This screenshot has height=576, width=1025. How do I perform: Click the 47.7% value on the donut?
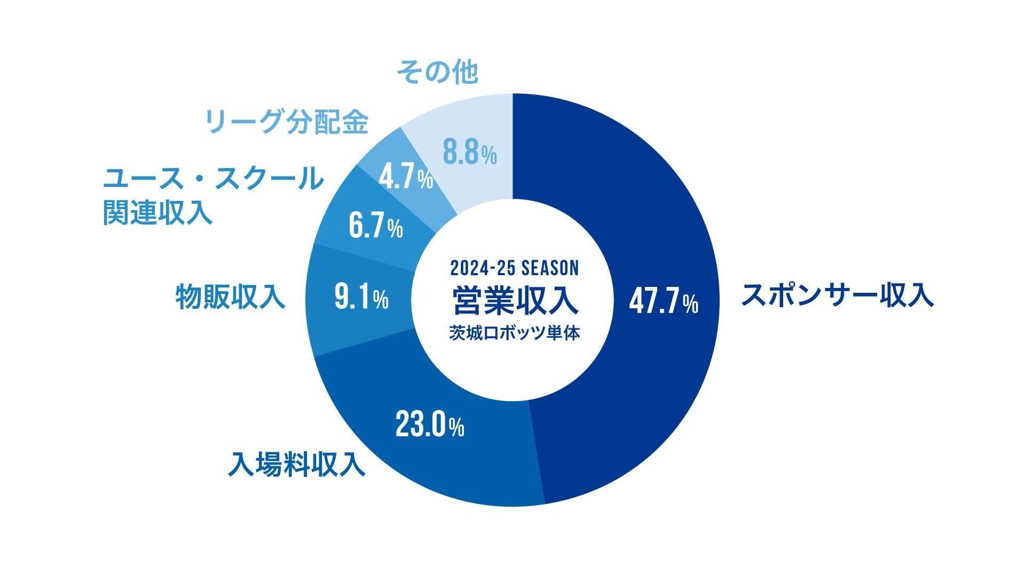point(663,301)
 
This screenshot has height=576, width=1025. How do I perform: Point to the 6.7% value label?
point(375,226)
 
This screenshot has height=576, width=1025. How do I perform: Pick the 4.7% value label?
point(406,178)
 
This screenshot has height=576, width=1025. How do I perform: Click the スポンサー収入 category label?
point(837,295)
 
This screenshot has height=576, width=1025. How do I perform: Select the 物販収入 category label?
point(231,297)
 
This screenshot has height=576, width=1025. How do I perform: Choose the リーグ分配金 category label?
point(287,122)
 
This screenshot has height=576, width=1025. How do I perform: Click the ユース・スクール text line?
point(213,178)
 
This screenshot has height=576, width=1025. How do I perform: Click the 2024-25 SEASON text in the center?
point(514,267)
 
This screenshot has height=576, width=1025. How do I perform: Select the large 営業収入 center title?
point(514,301)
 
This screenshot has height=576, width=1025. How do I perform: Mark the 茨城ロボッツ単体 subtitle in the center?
point(514,333)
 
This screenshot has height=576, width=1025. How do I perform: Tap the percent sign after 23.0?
point(456,427)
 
